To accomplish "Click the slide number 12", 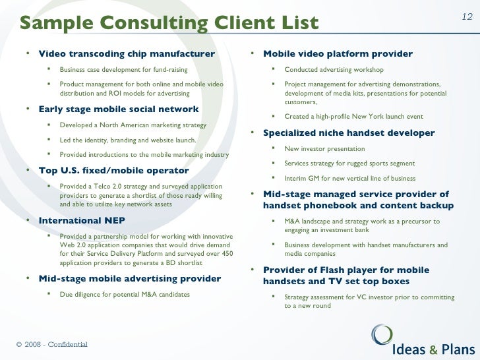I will [x=467, y=17].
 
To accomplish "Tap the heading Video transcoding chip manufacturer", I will [x=127, y=54].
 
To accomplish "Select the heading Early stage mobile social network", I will [x=119, y=109].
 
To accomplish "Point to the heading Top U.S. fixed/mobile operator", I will [x=114, y=171].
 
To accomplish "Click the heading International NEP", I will [x=82, y=220].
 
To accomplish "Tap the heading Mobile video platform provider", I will [x=338, y=54].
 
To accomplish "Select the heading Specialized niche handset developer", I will [x=349, y=133].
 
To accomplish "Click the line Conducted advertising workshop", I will [x=334, y=69].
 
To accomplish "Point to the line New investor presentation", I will [x=324, y=149].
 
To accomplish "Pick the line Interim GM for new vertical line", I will [x=349, y=178].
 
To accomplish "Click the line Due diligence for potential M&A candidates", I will [x=125, y=294].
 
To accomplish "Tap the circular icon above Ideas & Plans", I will [x=382, y=333].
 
